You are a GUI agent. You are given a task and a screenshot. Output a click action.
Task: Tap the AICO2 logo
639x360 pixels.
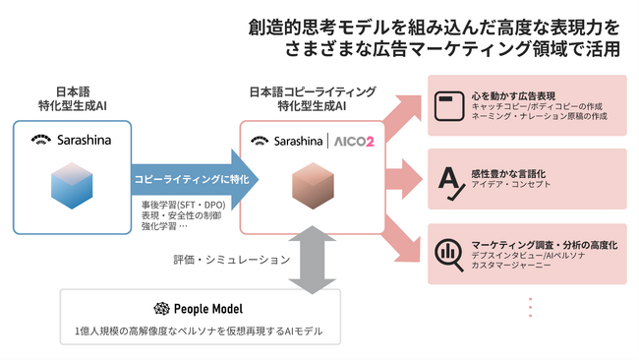coord(353,141)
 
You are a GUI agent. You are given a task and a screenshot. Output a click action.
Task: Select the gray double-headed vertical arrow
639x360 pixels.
coord(313,260)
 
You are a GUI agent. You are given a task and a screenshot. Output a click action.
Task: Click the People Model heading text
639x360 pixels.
coord(209,308)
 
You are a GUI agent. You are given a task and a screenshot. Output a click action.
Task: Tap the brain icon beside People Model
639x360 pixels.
coord(162,308)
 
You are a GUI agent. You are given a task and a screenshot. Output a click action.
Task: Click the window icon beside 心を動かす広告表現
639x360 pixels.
coord(449,101)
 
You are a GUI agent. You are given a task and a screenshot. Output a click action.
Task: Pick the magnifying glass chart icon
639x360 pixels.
coord(449,253)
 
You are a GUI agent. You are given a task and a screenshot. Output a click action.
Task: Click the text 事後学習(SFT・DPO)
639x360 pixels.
coord(182,204)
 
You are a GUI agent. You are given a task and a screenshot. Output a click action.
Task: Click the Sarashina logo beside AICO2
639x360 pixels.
coord(286,141)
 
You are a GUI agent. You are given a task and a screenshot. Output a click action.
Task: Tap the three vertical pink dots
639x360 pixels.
coord(530,307)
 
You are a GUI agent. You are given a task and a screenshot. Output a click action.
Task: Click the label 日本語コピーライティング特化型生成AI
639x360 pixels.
coord(313,98)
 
